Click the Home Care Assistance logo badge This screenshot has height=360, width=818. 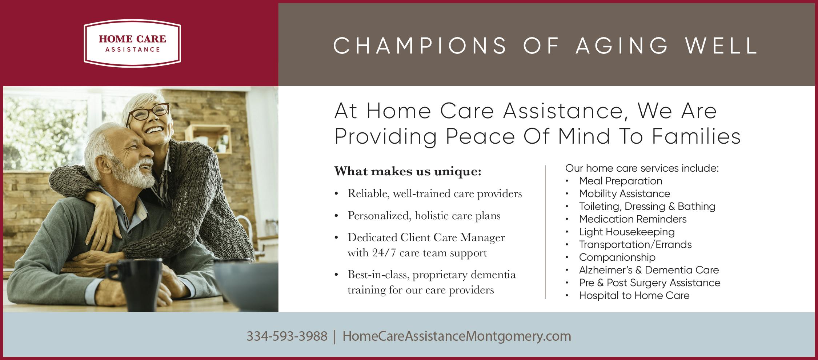(x=132, y=43)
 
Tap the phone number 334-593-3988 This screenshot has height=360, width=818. (x=287, y=336)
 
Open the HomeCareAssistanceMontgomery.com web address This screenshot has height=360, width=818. (x=457, y=336)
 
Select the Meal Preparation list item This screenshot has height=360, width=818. (x=621, y=181)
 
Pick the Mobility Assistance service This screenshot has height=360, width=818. (x=625, y=193)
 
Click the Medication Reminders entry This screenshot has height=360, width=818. (x=633, y=219)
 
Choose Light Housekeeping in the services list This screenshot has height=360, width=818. (x=627, y=232)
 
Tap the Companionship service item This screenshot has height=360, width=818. (x=617, y=257)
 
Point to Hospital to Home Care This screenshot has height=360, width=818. (x=634, y=295)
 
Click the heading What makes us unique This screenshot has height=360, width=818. (x=408, y=171)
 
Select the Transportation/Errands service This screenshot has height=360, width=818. (x=635, y=244)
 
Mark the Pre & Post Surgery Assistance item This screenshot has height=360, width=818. (x=650, y=283)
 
